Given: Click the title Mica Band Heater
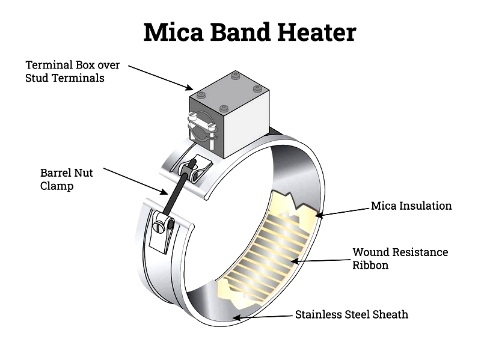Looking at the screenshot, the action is tap(250, 32).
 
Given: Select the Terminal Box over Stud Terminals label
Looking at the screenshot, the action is tap(72, 72).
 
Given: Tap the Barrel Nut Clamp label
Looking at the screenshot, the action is tap(66, 179).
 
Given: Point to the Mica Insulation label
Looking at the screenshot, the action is tap(411, 206).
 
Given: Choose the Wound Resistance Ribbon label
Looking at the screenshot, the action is tap(400, 258).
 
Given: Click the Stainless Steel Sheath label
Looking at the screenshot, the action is tap(352, 314).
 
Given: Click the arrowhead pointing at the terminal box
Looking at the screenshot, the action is tap(189, 88).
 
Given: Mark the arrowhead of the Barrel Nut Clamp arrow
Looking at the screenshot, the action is tap(164, 192).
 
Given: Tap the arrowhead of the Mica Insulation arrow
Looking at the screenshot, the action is tap(320, 215).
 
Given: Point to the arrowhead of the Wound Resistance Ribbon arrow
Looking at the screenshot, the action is tap(295, 261).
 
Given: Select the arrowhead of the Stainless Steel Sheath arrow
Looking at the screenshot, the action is tap(236, 317).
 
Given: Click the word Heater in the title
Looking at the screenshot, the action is tap(317, 32).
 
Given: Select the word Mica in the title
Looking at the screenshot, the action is tap(173, 32).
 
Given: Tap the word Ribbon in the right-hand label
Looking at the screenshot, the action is tap(370, 265).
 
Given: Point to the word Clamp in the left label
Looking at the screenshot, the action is tap(57, 186).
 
